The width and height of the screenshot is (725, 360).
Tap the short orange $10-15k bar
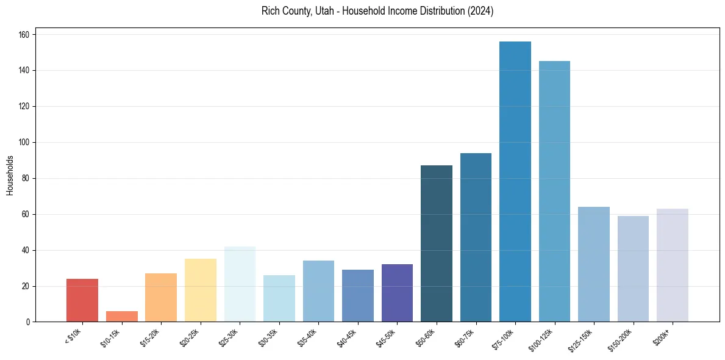click(x=121, y=317)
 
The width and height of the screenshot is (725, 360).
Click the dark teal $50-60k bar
click(x=437, y=243)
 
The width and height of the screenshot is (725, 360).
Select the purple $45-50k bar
click(x=397, y=293)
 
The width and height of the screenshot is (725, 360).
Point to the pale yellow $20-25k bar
click(x=200, y=290)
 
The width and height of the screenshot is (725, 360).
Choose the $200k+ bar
click(x=672, y=265)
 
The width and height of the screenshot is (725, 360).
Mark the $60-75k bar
click(x=476, y=237)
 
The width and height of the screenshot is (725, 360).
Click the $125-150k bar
click(x=593, y=264)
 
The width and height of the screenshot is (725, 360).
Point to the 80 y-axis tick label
click(x=27, y=179)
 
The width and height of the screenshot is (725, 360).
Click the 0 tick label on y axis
click(x=29, y=322)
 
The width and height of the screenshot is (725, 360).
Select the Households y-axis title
click(x=10, y=175)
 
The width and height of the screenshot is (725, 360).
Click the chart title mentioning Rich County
click(x=377, y=11)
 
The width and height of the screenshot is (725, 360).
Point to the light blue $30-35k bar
click(x=279, y=298)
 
